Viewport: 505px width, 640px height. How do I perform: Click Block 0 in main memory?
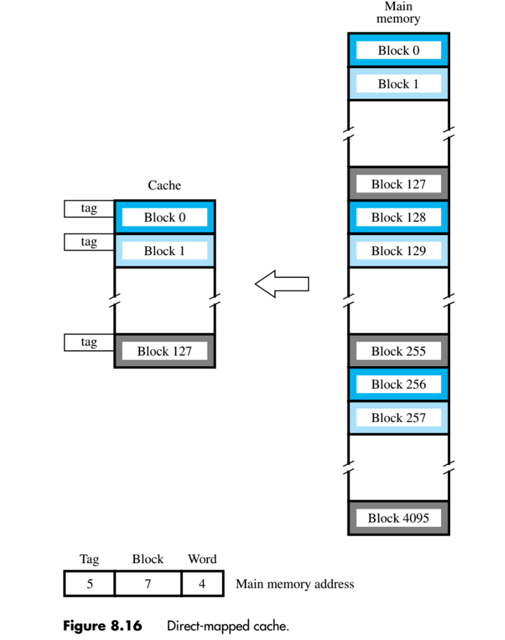click(398, 51)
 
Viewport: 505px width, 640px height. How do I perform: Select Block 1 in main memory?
click(398, 84)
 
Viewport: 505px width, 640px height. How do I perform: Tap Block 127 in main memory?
click(398, 184)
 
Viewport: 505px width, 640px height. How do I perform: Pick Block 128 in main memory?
click(398, 217)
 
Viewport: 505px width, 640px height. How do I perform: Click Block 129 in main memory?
click(398, 251)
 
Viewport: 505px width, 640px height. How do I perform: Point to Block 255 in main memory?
click(398, 351)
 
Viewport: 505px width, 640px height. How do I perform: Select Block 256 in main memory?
click(398, 384)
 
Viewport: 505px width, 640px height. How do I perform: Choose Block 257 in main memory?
click(398, 417)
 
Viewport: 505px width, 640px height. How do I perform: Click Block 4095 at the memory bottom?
click(398, 517)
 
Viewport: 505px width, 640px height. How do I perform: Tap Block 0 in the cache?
click(164, 217)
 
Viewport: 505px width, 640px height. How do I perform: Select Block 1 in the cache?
click(164, 251)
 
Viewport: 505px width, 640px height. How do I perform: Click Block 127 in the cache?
click(164, 351)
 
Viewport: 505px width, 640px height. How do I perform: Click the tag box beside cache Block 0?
click(89, 209)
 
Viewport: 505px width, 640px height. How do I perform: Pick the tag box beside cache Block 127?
click(89, 342)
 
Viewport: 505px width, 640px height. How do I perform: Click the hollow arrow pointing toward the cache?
click(282, 284)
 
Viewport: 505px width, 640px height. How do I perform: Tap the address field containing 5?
click(89, 584)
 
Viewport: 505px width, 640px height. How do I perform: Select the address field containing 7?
click(148, 584)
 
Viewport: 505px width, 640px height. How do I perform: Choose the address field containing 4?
click(202, 584)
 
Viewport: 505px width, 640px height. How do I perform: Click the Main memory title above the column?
click(398, 12)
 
